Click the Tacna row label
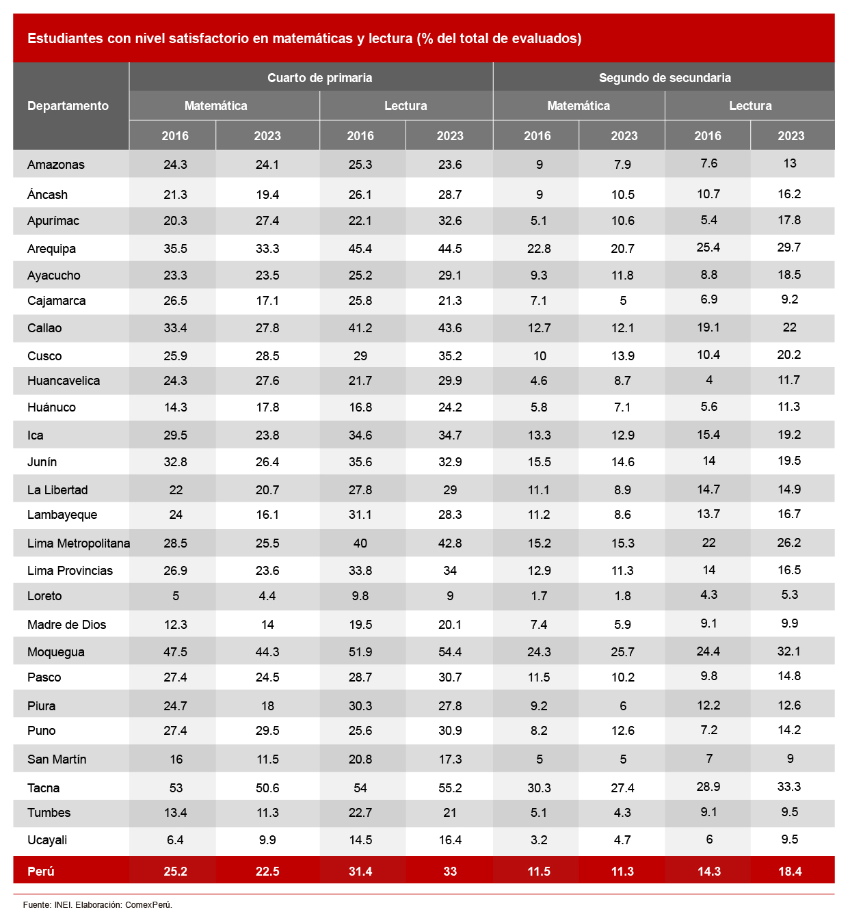(x=44, y=787)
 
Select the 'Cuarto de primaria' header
(x=319, y=77)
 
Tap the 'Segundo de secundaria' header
(x=665, y=77)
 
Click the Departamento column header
(x=68, y=106)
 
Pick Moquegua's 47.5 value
(x=175, y=652)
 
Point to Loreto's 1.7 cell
(x=539, y=596)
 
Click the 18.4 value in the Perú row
(x=790, y=871)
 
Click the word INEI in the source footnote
(x=63, y=904)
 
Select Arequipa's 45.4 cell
(x=360, y=249)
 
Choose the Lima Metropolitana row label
(x=79, y=543)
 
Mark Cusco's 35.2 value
(x=450, y=356)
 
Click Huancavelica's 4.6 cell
(x=539, y=381)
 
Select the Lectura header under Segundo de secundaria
(x=750, y=106)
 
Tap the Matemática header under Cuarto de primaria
(x=216, y=106)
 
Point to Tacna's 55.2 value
(x=450, y=788)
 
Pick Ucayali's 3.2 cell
(x=539, y=840)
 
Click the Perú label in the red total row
(x=41, y=871)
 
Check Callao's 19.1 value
(x=708, y=327)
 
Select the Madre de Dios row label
(x=67, y=624)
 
